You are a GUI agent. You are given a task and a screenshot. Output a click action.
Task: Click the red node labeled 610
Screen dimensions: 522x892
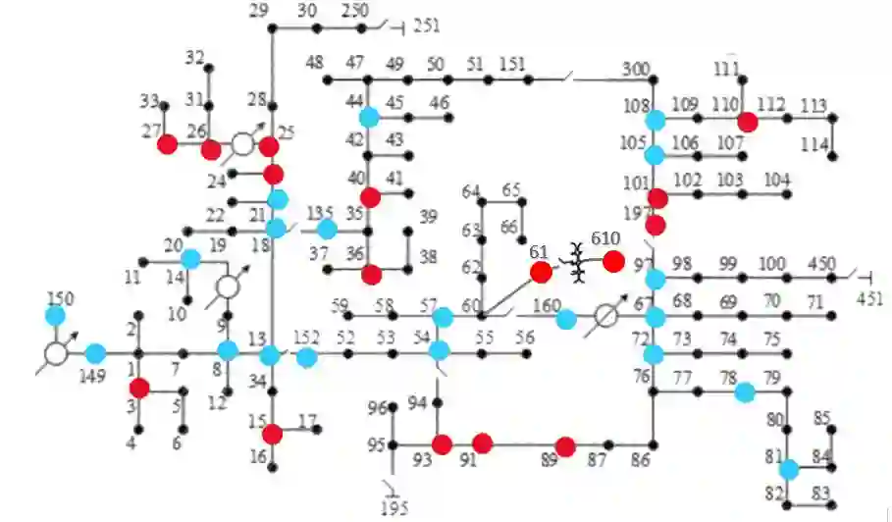[x=613, y=261]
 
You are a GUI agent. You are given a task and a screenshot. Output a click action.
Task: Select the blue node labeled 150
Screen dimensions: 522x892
[x=55, y=316]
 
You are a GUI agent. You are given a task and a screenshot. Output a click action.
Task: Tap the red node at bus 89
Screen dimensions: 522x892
[x=564, y=446]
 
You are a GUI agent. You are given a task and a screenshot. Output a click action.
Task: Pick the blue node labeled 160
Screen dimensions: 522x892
[x=566, y=319]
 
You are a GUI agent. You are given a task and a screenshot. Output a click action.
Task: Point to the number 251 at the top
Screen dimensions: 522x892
[x=427, y=26]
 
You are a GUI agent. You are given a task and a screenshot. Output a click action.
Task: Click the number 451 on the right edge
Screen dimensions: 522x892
[x=869, y=298]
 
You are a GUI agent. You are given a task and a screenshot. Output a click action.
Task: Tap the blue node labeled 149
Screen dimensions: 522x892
[x=95, y=353]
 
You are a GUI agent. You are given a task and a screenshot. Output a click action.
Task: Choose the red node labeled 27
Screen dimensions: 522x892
[x=167, y=144]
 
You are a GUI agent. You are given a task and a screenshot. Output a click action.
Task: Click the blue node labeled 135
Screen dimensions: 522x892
[x=327, y=229]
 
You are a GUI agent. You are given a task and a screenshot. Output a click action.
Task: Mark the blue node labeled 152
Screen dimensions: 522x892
[x=307, y=357]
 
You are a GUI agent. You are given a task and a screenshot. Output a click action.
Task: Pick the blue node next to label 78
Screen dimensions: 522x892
[x=745, y=392]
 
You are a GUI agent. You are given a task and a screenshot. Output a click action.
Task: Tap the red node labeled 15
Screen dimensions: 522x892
[x=273, y=433]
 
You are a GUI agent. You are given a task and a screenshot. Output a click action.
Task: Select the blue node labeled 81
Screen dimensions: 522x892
[x=788, y=469]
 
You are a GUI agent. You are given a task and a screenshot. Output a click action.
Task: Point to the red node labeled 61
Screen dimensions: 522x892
[x=541, y=272]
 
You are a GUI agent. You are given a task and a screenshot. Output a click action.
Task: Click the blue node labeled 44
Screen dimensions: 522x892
[x=369, y=118]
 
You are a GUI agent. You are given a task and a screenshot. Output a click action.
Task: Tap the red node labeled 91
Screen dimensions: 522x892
[x=482, y=443]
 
